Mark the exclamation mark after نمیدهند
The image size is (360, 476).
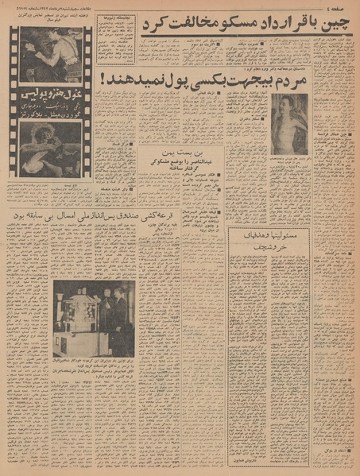[x=104, y=80]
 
